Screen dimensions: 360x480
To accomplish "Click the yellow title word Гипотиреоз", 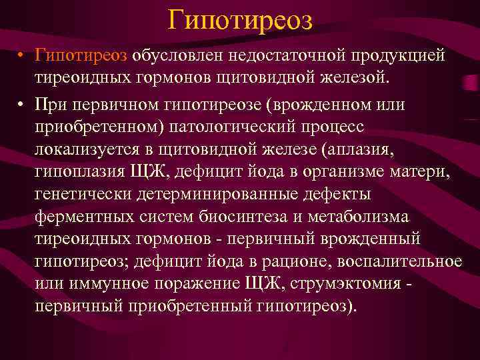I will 239,20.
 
